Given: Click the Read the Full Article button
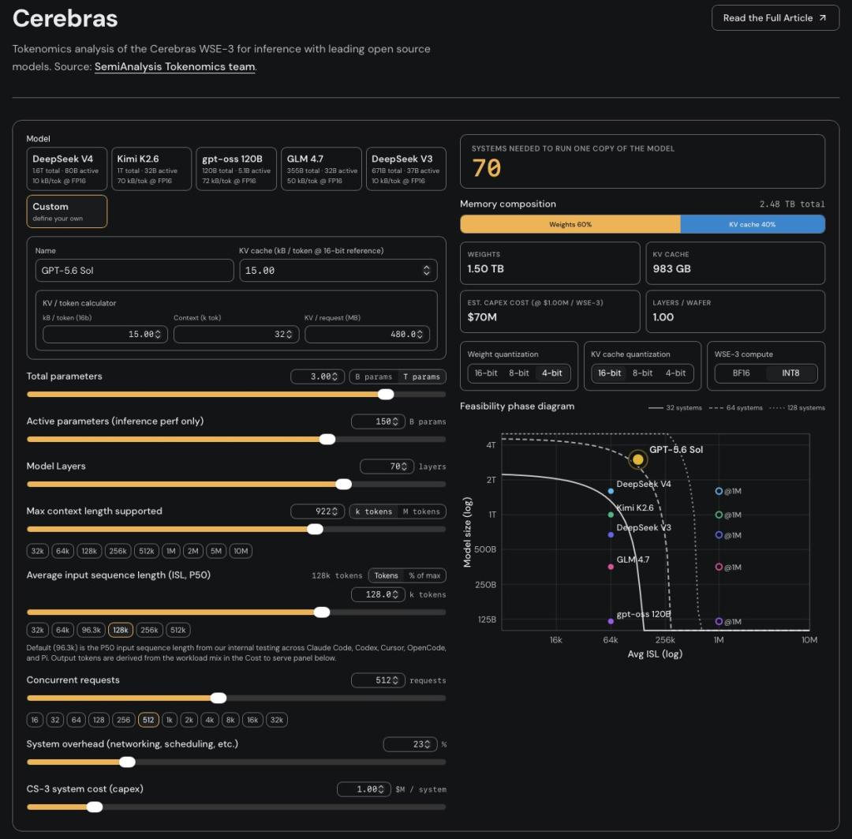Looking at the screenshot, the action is click(775, 18).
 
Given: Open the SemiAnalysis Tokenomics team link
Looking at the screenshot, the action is click(174, 66).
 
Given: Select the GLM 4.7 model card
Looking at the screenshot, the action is click(321, 169).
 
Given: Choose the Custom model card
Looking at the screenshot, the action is click(67, 211).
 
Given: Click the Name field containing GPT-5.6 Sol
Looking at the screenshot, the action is click(134, 270).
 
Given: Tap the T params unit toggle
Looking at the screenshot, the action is click(421, 376).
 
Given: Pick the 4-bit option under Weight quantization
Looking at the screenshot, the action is click(551, 373).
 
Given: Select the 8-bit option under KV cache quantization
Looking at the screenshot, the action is click(642, 373).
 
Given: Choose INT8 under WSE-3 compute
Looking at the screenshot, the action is click(790, 373).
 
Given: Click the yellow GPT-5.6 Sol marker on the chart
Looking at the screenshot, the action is click(638, 459).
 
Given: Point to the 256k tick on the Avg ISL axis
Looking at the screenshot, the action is click(665, 640).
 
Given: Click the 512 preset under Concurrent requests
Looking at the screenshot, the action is click(148, 720).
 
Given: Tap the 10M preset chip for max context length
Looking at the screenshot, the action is click(241, 551).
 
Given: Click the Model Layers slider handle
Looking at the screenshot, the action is click(343, 484).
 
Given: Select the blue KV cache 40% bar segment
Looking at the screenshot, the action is click(753, 224).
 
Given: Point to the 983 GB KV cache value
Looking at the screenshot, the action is click(671, 268).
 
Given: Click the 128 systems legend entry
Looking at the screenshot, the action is click(797, 408).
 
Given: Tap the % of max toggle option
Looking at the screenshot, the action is click(425, 575).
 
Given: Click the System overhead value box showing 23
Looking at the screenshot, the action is click(410, 743).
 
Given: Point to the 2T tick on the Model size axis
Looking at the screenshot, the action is click(491, 480).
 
